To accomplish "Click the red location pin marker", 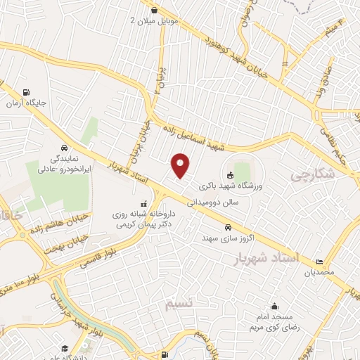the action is [181, 166].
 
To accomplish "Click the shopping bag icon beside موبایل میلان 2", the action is [155, 9].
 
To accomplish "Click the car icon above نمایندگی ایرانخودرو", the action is [65, 149].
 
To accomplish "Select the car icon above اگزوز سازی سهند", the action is [229, 227].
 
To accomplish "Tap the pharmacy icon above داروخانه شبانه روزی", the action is [145, 205].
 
